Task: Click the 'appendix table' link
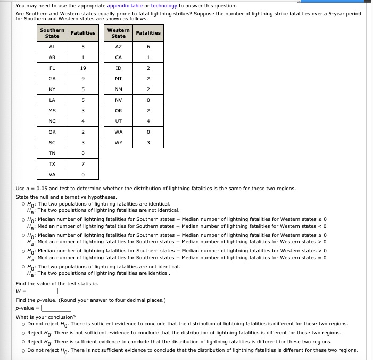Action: [125, 6]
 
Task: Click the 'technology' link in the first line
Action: [164, 6]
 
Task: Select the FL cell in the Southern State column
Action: [52, 68]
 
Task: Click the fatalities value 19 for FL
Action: [83, 68]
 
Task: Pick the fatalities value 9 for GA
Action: [83, 79]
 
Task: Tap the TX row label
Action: [52, 164]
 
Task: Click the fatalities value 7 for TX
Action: [83, 164]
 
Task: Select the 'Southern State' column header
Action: [52, 33]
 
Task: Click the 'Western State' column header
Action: [118, 33]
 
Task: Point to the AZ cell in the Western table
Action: [118, 47]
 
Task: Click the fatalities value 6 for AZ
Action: [148, 47]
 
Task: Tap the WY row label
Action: [118, 143]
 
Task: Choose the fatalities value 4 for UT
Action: [148, 121]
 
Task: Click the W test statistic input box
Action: [43, 291]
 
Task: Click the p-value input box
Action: [56, 308]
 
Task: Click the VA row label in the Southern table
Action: [52, 175]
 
